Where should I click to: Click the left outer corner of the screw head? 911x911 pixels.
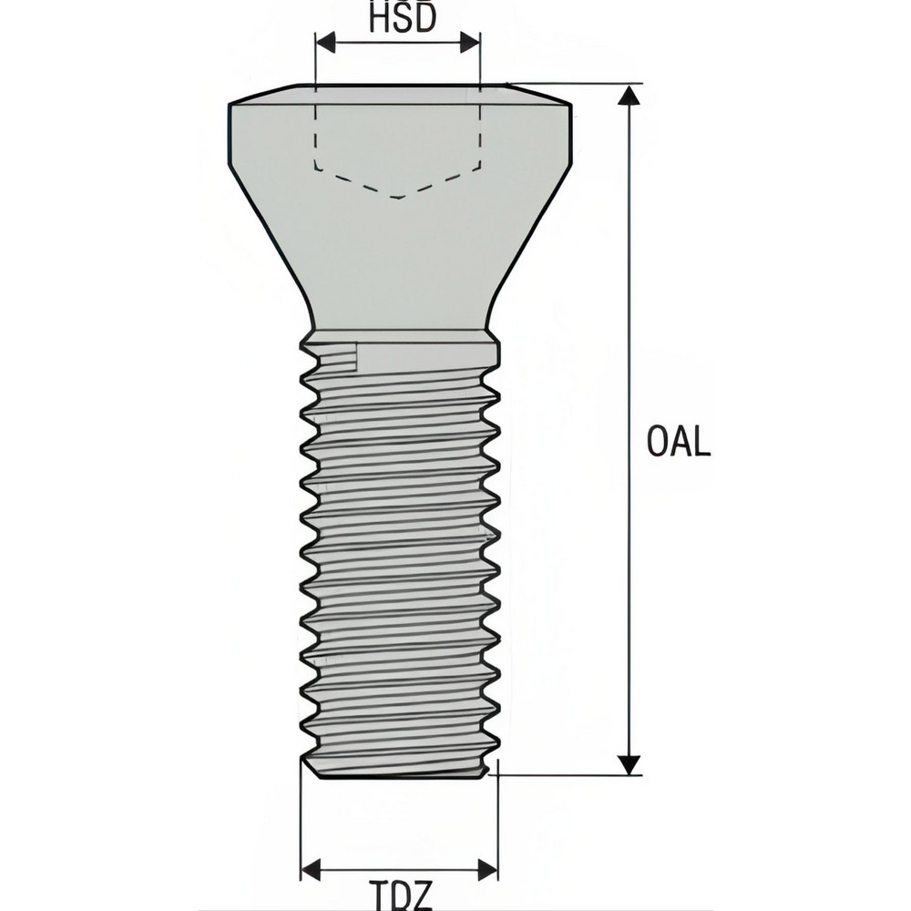tap(229, 106)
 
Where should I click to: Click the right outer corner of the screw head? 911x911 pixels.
tap(572, 106)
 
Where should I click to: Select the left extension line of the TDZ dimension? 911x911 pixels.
tap(301, 820)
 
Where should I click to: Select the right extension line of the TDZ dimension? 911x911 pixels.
tap(497, 820)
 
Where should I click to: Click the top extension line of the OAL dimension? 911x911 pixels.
tap(583, 84)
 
